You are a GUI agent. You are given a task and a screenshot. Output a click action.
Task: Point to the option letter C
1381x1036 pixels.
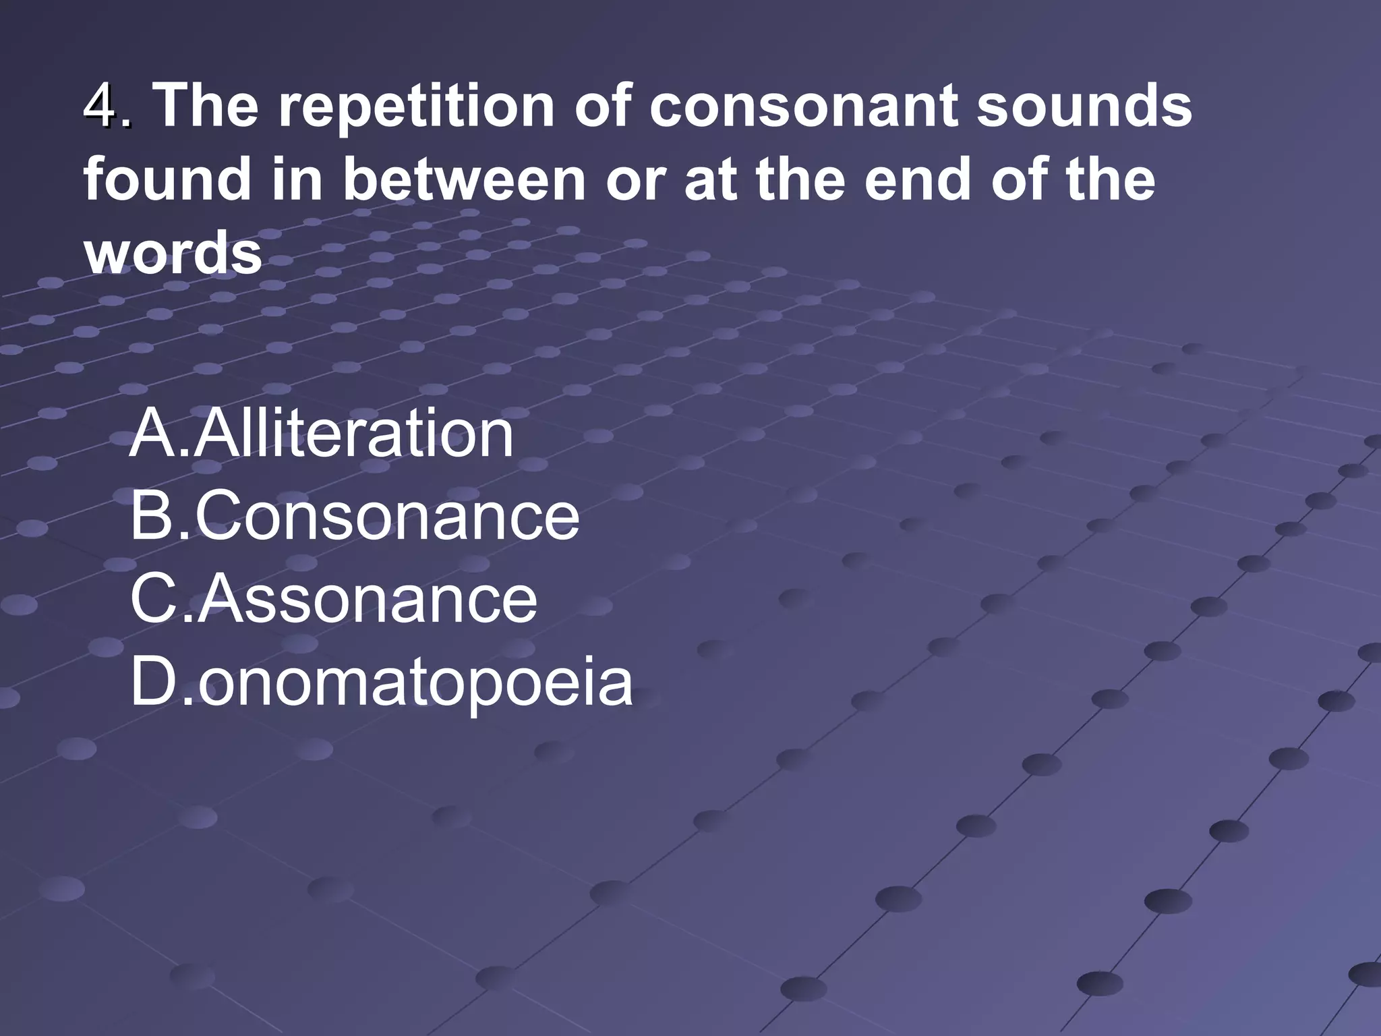(x=156, y=600)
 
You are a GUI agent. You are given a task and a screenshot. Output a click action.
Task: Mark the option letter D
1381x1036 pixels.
(x=156, y=683)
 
